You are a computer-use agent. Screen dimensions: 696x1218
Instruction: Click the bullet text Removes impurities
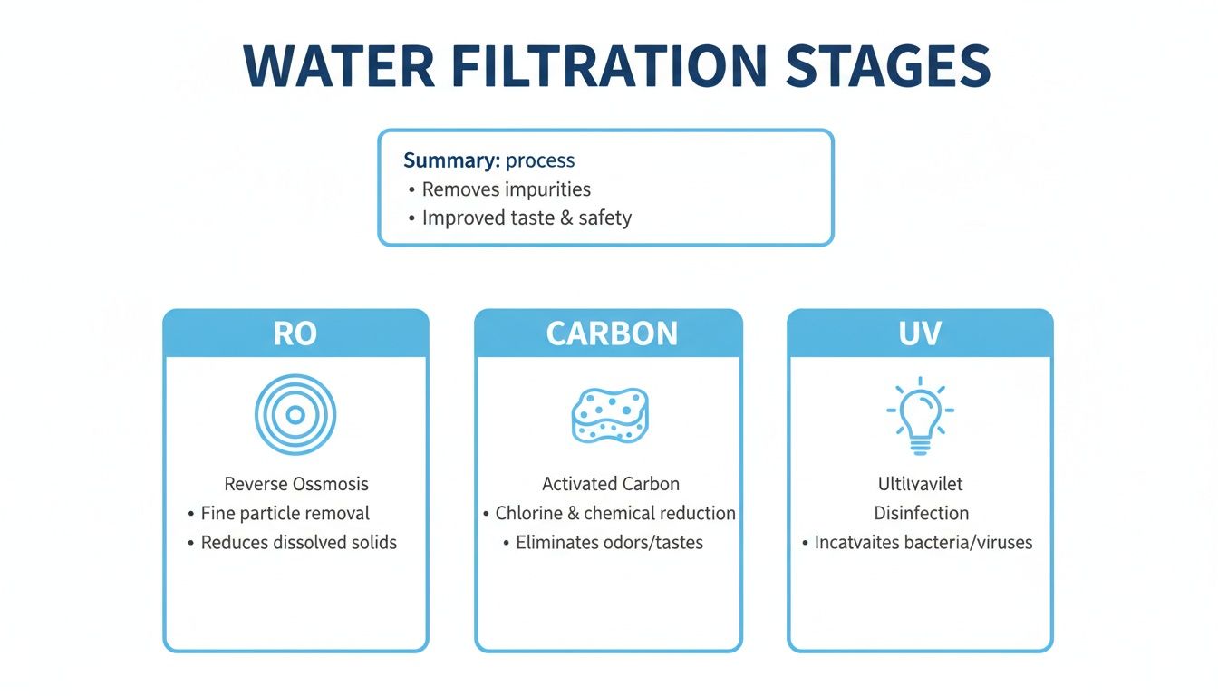point(506,189)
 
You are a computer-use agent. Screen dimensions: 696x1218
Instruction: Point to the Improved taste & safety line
point(527,218)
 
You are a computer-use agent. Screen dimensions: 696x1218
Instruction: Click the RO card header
point(295,333)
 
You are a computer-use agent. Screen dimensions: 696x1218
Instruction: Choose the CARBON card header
point(612,333)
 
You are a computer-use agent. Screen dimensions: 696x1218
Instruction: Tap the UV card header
point(920,333)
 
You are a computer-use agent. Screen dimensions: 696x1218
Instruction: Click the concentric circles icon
point(295,415)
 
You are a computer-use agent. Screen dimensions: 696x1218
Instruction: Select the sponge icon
point(610,415)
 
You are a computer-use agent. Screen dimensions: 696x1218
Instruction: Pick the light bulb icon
point(920,415)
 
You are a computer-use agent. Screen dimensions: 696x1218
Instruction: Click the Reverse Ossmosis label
point(296,484)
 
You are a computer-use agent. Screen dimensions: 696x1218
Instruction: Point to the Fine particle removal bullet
point(285,513)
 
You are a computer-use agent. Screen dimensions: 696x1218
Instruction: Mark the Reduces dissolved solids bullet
point(298,543)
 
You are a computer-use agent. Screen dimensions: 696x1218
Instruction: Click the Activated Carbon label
point(611,484)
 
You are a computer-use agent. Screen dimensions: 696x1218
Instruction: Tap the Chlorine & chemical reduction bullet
point(614,513)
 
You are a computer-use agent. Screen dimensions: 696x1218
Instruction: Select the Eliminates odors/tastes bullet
point(609,543)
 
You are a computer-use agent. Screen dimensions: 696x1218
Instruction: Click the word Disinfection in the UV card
point(921,513)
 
